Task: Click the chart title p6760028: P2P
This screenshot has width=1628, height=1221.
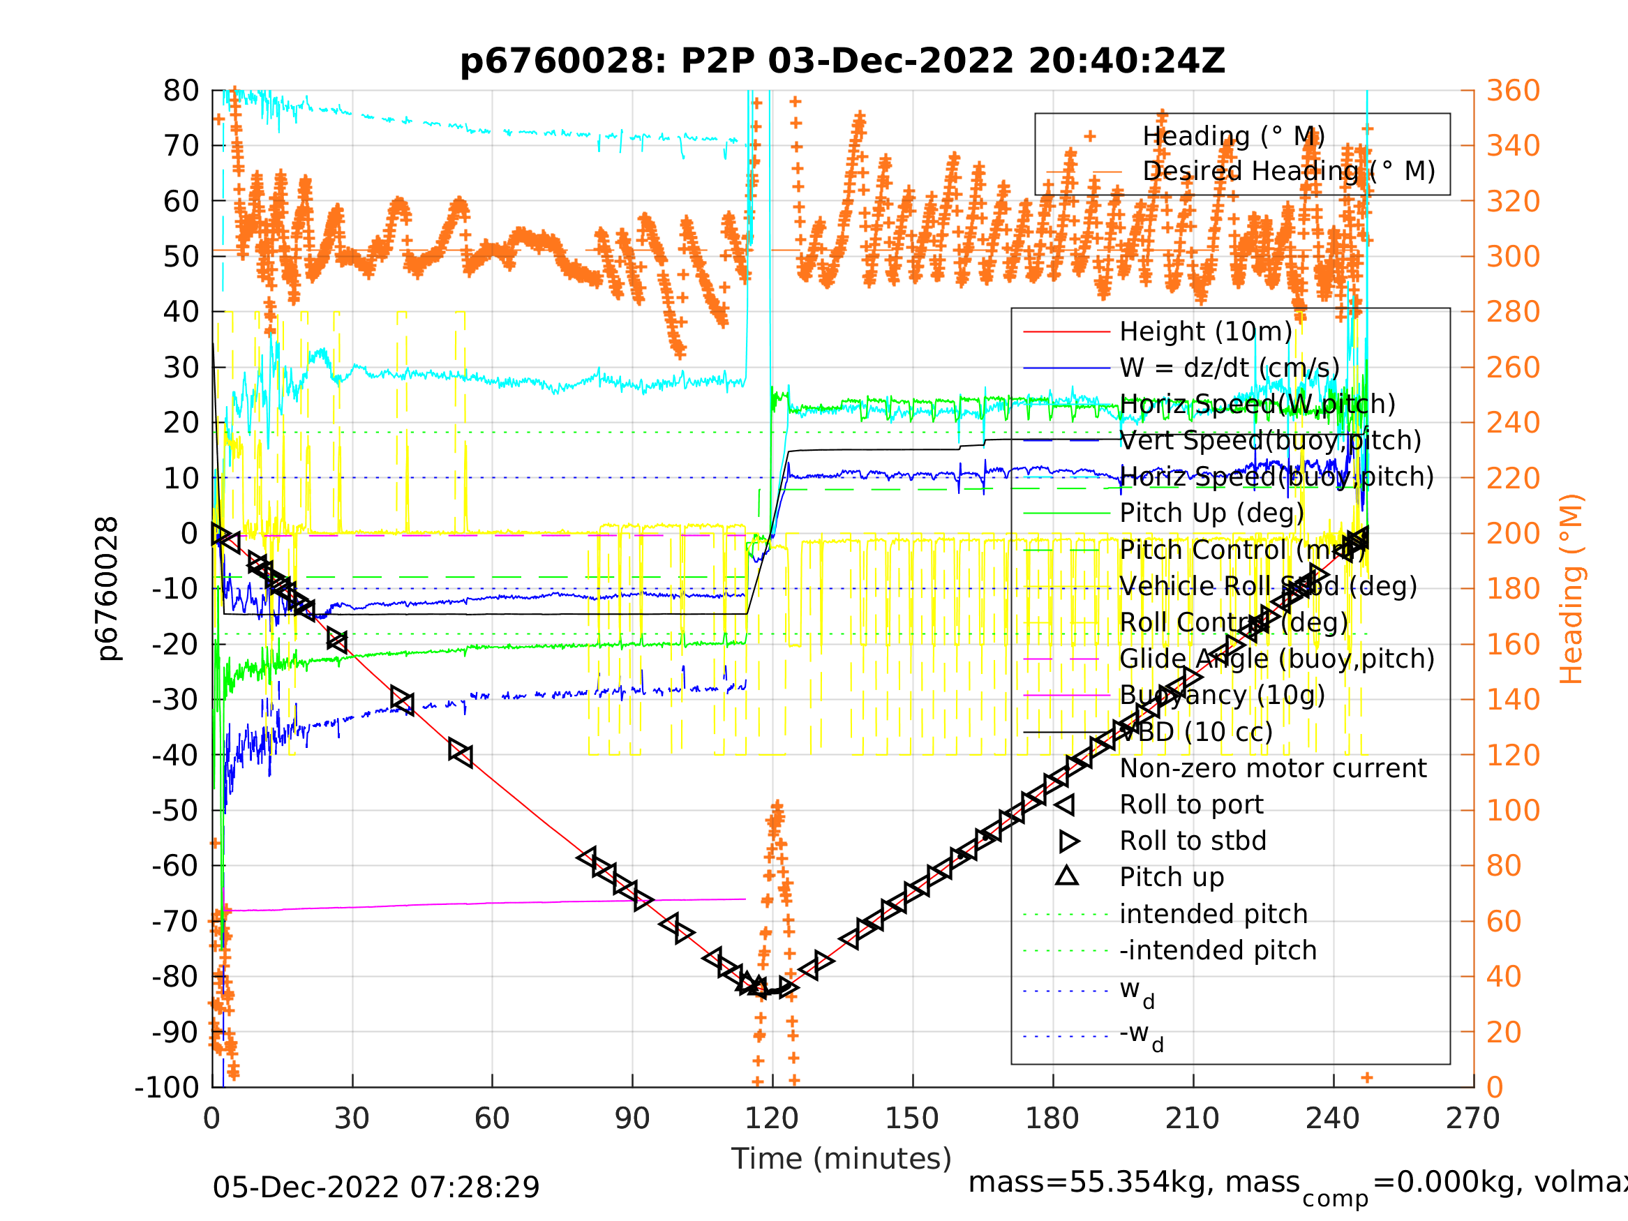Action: [x=842, y=61]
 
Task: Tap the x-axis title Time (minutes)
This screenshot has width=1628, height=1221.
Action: [x=842, y=1158]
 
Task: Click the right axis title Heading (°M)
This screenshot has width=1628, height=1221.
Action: [x=1571, y=589]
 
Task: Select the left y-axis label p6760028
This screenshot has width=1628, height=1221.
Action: [x=107, y=589]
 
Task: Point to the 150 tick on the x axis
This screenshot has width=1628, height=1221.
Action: [x=912, y=1118]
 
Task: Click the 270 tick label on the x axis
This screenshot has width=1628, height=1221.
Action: [x=1472, y=1118]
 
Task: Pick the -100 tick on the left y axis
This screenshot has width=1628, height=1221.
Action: [x=167, y=1087]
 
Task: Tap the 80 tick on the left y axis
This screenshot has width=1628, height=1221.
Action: [x=181, y=91]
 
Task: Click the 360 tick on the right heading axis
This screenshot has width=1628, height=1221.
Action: [x=1513, y=91]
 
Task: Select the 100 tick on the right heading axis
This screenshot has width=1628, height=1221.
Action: [x=1513, y=810]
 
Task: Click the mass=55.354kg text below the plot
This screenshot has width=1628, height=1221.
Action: [x=1133, y=1183]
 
